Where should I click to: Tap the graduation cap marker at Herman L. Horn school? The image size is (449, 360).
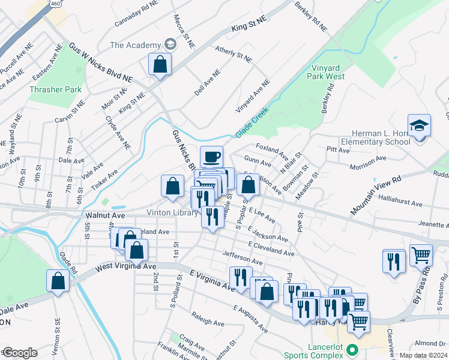point(419,126)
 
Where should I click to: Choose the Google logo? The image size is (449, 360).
point(20,352)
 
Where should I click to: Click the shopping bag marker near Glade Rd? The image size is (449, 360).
point(58,281)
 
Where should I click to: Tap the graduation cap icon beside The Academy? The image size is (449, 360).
point(170,45)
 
